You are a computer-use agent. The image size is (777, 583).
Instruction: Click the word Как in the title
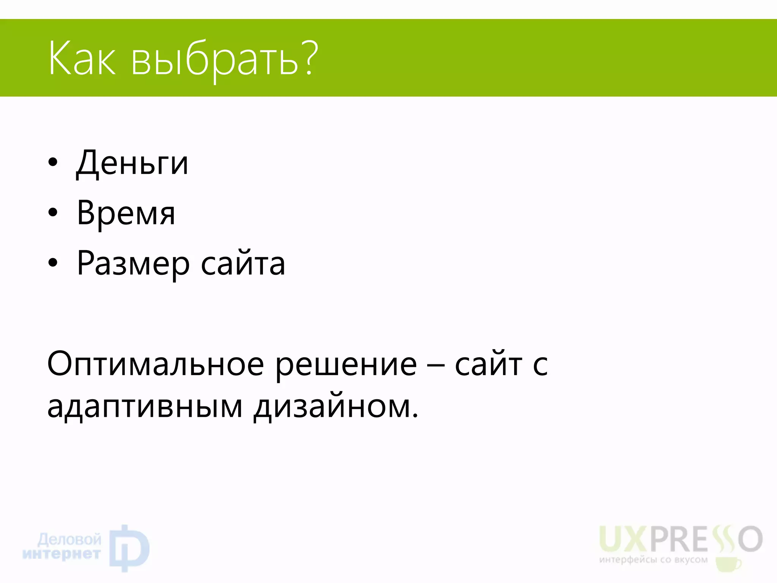click(82, 59)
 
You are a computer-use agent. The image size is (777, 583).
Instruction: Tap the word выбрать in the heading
click(215, 61)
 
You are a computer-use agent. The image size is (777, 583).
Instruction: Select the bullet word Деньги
click(132, 164)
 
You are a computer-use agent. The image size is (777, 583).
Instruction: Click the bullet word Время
click(126, 213)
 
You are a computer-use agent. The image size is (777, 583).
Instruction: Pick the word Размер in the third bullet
click(133, 264)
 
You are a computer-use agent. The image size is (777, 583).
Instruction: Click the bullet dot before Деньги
click(53, 162)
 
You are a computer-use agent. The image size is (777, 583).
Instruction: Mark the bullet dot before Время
click(53, 212)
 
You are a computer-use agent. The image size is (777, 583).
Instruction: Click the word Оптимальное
click(156, 364)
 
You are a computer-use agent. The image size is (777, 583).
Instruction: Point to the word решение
click(346, 365)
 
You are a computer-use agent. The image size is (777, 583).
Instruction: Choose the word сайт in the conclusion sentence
click(489, 364)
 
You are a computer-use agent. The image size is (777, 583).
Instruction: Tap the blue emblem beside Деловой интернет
click(129, 548)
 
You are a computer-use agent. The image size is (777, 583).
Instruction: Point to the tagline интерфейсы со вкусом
click(653, 560)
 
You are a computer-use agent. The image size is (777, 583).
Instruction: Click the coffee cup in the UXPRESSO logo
click(727, 564)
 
